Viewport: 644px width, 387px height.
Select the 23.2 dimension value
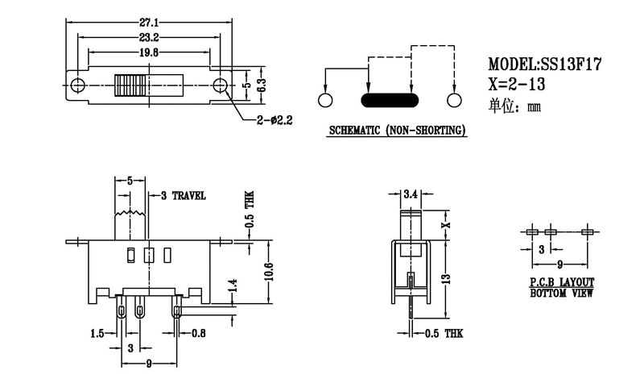point(148,38)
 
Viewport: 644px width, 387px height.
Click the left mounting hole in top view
point(78,85)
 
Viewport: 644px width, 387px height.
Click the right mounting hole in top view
point(219,85)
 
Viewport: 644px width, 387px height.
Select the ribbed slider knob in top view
point(131,85)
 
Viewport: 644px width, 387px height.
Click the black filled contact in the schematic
point(390,100)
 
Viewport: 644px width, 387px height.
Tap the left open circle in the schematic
point(325,100)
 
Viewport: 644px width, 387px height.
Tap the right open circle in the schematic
point(454,100)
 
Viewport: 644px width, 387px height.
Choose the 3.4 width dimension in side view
point(409,194)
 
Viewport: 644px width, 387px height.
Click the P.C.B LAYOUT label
point(562,282)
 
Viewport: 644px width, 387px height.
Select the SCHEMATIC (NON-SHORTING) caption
point(398,131)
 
